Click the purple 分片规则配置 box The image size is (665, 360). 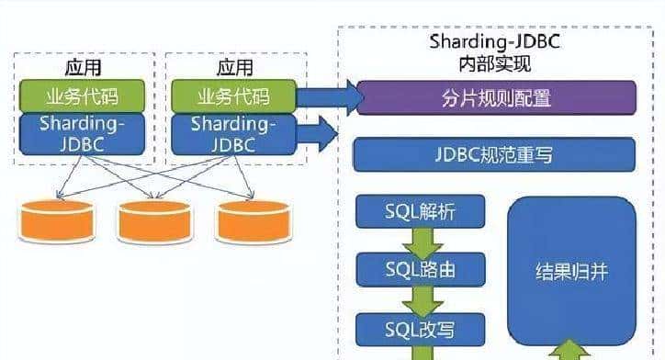coord(495,97)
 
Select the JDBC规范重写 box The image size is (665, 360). coord(495,155)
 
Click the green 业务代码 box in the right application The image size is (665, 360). coord(232,95)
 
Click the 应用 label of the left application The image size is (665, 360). coord(83,68)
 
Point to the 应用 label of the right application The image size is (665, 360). coord(232,68)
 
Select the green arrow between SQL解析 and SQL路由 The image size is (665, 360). coord(423,242)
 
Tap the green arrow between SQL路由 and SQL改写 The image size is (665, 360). coord(423,298)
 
